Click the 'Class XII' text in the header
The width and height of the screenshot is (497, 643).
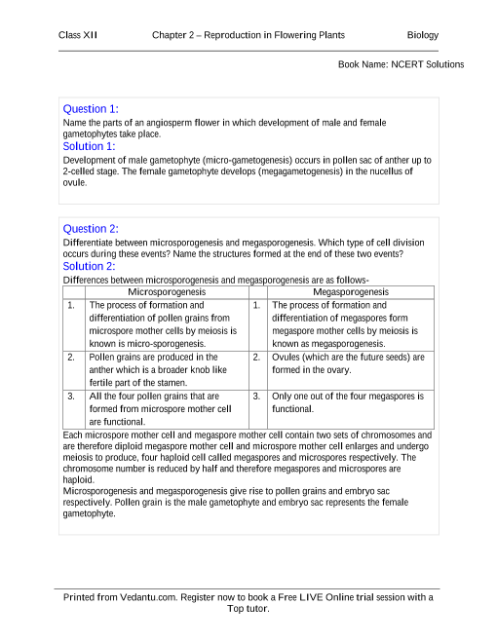coord(77,35)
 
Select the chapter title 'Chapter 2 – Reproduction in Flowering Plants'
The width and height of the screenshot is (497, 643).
coord(248,35)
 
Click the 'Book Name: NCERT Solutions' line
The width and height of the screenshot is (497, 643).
coord(401,64)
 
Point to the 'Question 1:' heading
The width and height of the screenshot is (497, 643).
coord(91,109)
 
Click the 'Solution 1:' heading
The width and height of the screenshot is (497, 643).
coord(89,146)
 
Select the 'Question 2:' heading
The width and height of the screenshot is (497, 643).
coord(91,229)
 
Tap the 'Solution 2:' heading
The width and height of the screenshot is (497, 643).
coord(89,266)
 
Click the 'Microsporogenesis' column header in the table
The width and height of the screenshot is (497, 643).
coord(167,291)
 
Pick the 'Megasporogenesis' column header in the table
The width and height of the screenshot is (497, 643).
coord(351,291)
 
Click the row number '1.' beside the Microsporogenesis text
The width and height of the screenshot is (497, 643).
coord(71,305)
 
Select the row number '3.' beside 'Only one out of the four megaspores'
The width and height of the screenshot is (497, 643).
coord(255,397)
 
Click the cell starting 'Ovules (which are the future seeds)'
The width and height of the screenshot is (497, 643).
coord(348,363)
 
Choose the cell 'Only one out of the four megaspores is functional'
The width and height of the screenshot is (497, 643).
coord(348,403)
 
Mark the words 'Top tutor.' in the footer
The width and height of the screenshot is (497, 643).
coord(248,609)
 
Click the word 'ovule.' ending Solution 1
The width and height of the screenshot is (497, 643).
coord(75,182)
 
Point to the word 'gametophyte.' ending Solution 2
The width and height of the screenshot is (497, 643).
coord(89,514)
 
